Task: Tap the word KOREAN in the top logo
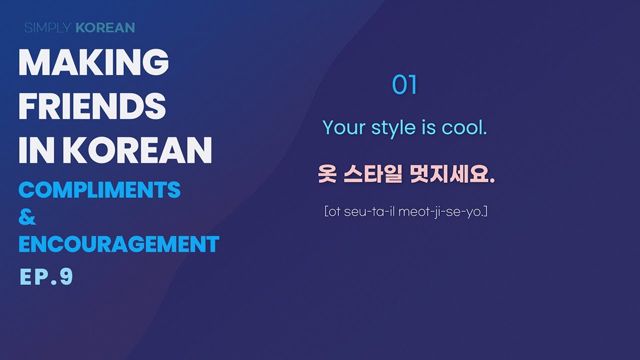(105, 27)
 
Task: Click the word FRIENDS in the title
(92, 107)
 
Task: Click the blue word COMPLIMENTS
(99, 190)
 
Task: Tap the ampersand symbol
(27, 217)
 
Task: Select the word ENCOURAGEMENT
(119, 244)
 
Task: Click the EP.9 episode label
(46, 276)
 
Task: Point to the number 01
(404, 85)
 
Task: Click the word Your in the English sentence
(344, 128)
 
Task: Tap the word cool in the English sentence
(463, 128)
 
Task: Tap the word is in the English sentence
(428, 128)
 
